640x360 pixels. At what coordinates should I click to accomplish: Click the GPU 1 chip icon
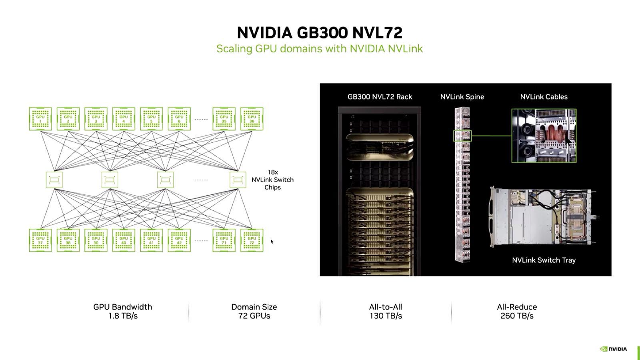(x=40, y=119)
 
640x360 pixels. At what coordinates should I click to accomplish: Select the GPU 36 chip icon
(x=252, y=119)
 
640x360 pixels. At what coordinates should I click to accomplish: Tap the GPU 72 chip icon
(x=252, y=240)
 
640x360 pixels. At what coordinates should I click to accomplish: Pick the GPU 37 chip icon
(x=40, y=240)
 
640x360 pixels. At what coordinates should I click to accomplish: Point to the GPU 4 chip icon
(x=124, y=119)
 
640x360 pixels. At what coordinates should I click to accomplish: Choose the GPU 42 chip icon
(x=179, y=240)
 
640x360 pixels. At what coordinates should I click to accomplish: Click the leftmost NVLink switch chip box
(x=54, y=180)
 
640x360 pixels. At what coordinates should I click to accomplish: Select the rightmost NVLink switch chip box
(x=238, y=180)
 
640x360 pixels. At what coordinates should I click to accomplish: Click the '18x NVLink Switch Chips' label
(x=272, y=180)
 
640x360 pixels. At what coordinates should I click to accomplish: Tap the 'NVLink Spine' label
(x=462, y=97)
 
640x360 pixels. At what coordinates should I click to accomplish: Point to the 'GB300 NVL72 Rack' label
(x=380, y=97)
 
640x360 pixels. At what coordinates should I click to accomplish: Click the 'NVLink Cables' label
(x=544, y=97)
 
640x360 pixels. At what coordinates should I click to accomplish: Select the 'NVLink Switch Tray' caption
(x=544, y=260)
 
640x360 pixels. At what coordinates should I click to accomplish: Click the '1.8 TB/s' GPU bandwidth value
(x=123, y=316)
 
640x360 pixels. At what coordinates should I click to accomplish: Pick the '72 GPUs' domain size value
(x=254, y=316)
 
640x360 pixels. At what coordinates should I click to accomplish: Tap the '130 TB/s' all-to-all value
(x=386, y=316)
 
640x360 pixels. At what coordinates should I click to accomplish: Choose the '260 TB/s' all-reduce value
(x=517, y=316)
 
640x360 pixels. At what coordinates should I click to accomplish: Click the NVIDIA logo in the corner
(x=613, y=349)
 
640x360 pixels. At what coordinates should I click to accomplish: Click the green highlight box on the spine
(x=462, y=136)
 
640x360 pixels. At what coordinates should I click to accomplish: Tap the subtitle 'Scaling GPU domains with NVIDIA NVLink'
(x=319, y=49)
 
